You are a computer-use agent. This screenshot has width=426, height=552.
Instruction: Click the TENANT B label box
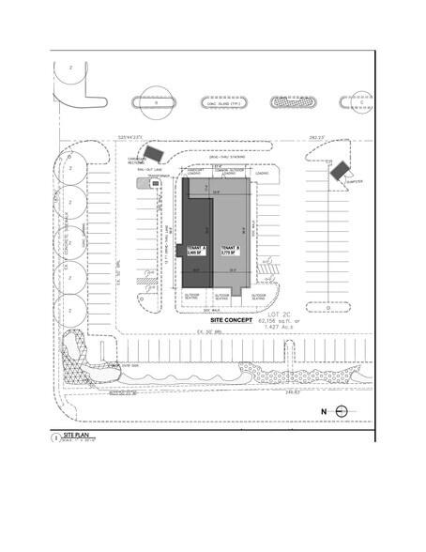tap(229, 251)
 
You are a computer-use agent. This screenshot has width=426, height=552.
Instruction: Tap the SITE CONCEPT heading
tap(214, 320)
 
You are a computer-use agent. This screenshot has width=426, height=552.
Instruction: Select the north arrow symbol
tap(342, 409)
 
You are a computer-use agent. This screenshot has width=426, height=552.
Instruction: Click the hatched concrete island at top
tap(283, 100)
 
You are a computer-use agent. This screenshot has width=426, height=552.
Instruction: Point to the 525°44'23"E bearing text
tap(129, 136)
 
